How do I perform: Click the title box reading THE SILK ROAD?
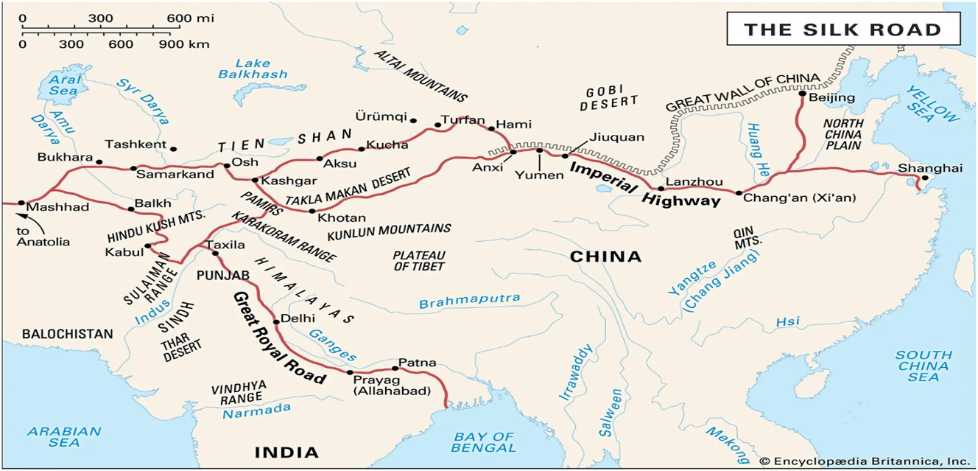843,30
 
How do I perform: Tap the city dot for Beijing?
802,94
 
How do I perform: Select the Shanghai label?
929,168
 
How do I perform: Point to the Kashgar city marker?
255,181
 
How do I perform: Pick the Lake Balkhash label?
253,69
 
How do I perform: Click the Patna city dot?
395,368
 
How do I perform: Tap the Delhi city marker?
275,321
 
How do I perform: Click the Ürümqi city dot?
414,120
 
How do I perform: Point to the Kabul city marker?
148,246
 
